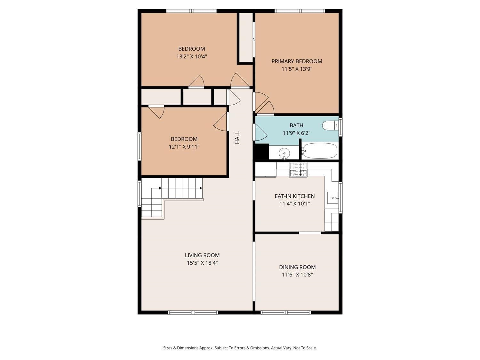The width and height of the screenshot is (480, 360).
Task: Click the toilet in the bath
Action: click(x=330, y=125)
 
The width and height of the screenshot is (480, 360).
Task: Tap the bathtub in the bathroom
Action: click(x=320, y=151)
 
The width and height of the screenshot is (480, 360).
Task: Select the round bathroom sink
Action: click(x=284, y=154)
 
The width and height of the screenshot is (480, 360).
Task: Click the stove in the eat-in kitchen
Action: click(x=298, y=170)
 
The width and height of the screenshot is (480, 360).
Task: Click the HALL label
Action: click(x=237, y=137)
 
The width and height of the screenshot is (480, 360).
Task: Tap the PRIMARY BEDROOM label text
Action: click(x=297, y=61)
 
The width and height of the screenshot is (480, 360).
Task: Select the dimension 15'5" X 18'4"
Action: click(x=202, y=263)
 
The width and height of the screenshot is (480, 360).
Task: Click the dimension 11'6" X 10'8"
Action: click(x=297, y=275)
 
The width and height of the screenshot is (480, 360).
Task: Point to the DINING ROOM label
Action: click(x=297, y=267)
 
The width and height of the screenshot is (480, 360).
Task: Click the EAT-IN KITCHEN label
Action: click(x=295, y=196)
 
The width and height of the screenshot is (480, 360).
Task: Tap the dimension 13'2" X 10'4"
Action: click(x=192, y=56)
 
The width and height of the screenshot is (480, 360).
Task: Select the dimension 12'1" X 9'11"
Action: click(x=184, y=147)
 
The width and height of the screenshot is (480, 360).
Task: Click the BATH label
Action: click(x=296, y=125)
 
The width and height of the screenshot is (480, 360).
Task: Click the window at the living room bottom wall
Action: click(x=193, y=312)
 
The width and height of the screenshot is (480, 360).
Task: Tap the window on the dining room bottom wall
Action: click(x=286, y=312)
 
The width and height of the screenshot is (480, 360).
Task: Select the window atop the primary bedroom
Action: click(x=300, y=11)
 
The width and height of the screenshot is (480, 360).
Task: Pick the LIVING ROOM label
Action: click(x=202, y=255)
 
